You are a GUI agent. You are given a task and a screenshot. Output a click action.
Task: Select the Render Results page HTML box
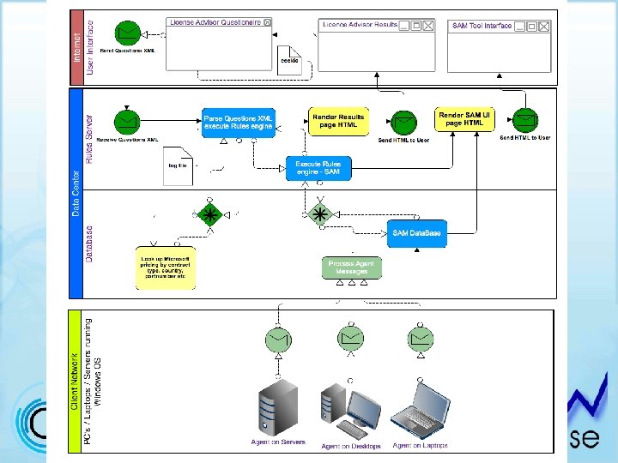click(x=338, y=122)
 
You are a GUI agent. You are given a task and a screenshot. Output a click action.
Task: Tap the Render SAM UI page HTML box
click(x=466, y=119)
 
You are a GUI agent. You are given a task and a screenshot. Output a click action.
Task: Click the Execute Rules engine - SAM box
click(x=318, y=168)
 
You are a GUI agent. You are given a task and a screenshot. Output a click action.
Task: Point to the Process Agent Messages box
click(x=351, y=268)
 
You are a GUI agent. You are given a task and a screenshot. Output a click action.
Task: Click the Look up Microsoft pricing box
click(x=166, y=268)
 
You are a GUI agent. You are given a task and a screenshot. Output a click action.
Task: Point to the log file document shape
click(x=179, y=167)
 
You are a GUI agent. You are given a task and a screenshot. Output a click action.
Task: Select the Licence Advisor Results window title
click(x=360, y=26)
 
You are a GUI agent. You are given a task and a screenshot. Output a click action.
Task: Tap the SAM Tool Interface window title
click(x=482, y=26)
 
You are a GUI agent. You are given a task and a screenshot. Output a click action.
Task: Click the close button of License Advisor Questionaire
click(x=267, y=21)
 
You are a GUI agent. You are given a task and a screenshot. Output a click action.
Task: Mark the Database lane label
click(x=89, y=244)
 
